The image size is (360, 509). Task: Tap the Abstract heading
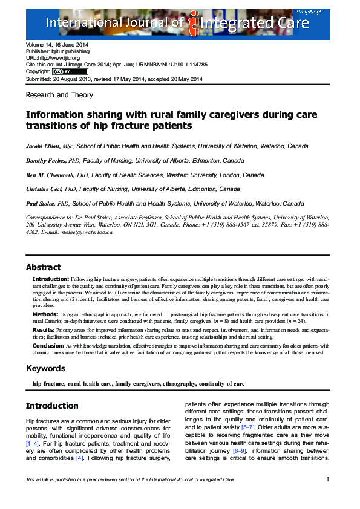(44, 267)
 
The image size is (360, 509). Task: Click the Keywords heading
(46, 368)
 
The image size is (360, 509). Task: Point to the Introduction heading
(52, 406)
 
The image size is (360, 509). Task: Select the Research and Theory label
(59, 95)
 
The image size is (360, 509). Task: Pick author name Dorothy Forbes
(44, 161)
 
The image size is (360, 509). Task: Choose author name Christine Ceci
(43, 189)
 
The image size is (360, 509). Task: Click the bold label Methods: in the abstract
(46, 314)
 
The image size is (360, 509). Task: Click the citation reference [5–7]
(247, 427)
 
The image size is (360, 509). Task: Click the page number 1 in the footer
(327, 479)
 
